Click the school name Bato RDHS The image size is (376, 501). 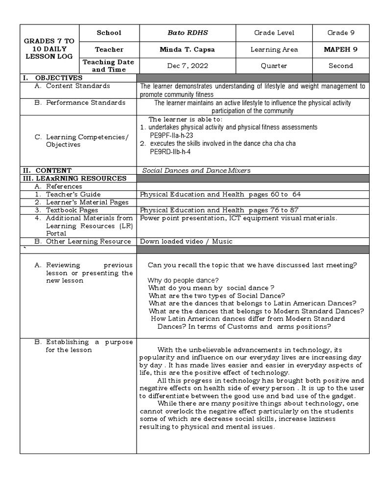[188, 33]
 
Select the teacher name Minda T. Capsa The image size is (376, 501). [188, 49]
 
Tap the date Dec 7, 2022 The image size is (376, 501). [188, 66]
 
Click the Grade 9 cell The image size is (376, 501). [340, 33]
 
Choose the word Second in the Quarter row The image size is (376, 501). [340, 66]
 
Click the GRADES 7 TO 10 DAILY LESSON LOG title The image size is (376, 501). [49, 49]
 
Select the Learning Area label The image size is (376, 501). [274, 49]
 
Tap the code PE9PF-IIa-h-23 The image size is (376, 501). [171, 135]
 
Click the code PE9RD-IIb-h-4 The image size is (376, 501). [170, 152]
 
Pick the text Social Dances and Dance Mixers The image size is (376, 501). [196, 170]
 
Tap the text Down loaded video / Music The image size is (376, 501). [186, 241]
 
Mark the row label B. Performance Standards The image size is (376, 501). [80, 103]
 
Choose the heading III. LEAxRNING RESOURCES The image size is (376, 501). [73, 178]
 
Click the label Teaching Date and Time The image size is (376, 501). [109, 66]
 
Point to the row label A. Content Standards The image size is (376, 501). [72, 86]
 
